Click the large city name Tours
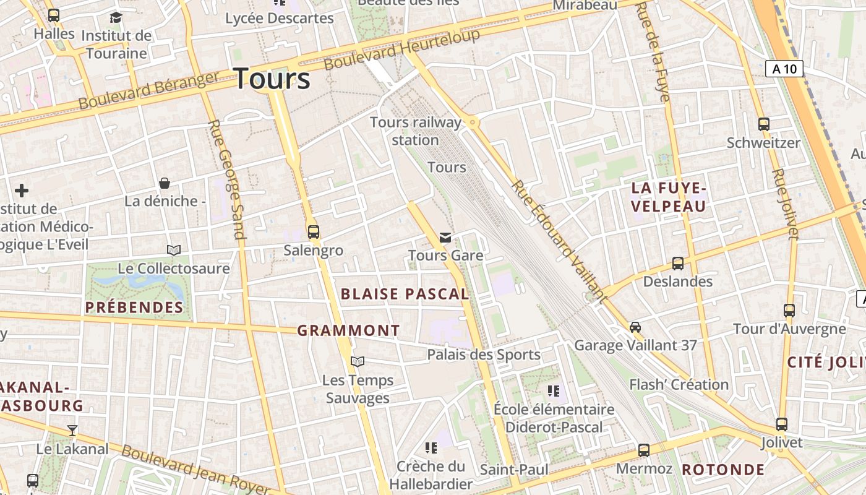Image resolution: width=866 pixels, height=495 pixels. click(x=272, y=79)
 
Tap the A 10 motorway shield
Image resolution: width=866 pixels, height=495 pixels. click(x=784, y=69)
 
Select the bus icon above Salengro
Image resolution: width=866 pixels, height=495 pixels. click(x=314, y=232)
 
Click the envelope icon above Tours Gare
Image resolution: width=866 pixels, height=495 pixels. click(x=445, y=237)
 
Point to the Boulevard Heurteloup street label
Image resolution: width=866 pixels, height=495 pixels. click(x=401, y=49)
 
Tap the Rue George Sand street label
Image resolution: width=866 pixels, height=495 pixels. click(x=227, y=179)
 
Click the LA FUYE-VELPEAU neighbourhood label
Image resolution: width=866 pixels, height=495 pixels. click(x=668, y=197)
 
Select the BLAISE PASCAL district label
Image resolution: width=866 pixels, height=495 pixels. click(x=405, y=294)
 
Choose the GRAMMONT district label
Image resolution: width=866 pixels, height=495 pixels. click(x=349, y=330)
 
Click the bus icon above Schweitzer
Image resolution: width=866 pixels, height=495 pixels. click(x=763, y=124)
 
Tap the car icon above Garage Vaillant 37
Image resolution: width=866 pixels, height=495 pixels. click(x=635, y=327)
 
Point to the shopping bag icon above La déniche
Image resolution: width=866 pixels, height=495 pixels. click(x=165, y=183)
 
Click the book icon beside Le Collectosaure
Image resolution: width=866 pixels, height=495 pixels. click(x=174, y=250)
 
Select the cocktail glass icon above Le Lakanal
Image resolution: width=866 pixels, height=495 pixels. click(x=72, y=430)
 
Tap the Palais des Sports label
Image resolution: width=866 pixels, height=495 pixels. click(x=484, y=355)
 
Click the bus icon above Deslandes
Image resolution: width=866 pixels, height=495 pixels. click(x=678, y=264)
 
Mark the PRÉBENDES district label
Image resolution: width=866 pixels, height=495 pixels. click(x=134, y=307)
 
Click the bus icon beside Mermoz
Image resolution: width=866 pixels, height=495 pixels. click(x=644, y=450)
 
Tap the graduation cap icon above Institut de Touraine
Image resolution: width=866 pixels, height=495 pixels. click(x=116, y=17)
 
